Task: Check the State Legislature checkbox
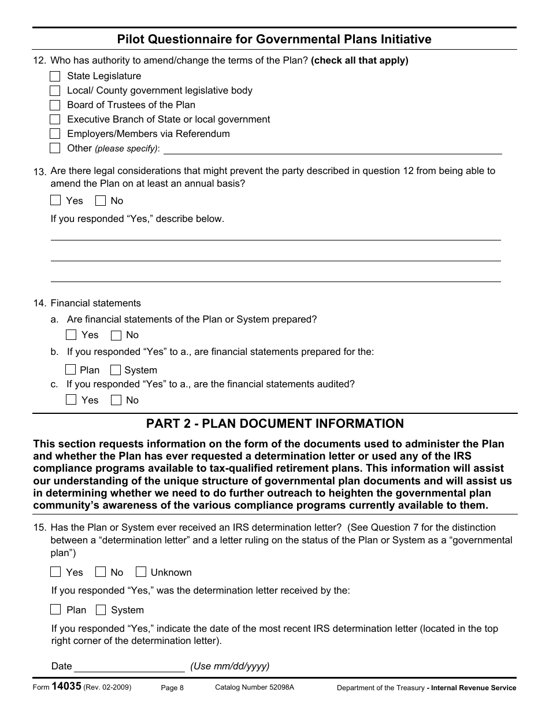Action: [55, 76]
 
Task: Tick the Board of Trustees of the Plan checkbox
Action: [55, 105]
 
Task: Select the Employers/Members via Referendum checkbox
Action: [55, 134]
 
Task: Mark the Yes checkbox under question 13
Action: [55, 201]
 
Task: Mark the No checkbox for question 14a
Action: [116, 335]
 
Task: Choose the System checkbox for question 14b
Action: [116, 370]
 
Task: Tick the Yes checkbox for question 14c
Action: [71, 400]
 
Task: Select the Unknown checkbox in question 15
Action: [141, 572]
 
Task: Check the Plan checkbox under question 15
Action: [55, 610]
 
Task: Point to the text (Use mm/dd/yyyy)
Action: [230, 666]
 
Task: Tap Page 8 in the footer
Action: [172, 688]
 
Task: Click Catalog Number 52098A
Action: [254, 687]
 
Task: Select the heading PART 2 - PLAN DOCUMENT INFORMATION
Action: [274, 424]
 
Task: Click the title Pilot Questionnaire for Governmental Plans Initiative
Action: [274, 39]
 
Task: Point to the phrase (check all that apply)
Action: [359, 61]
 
